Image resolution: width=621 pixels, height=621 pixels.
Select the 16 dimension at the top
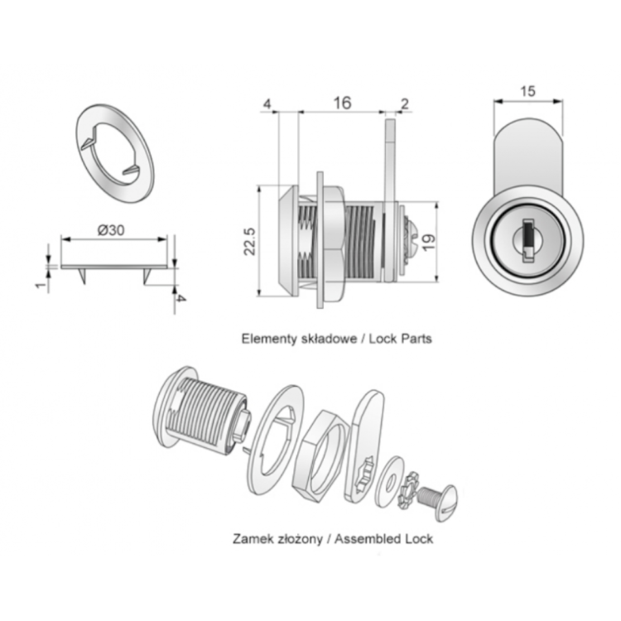tap(341, 103)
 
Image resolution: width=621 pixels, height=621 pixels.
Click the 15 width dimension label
tap(527, 92)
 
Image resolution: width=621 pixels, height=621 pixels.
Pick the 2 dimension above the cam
tap(404, 103)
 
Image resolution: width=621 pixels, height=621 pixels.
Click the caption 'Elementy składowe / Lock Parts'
tap(335, 339)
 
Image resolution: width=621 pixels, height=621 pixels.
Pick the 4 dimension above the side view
tap(267, 103)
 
